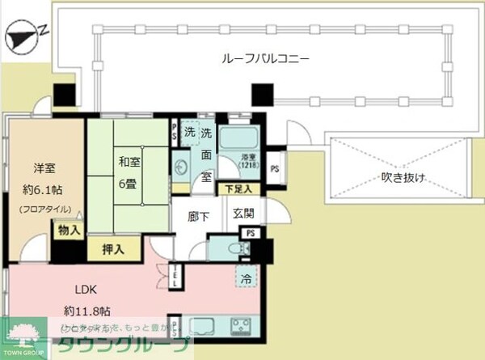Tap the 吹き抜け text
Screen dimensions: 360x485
click(x=403, y=179)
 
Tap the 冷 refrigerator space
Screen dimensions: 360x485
click(x=246, y=277)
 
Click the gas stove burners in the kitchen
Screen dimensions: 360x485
click(x=240, y=326)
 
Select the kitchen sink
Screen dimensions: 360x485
click(x=199, y=326)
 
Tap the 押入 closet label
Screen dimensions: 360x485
click(x=112, y=249)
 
